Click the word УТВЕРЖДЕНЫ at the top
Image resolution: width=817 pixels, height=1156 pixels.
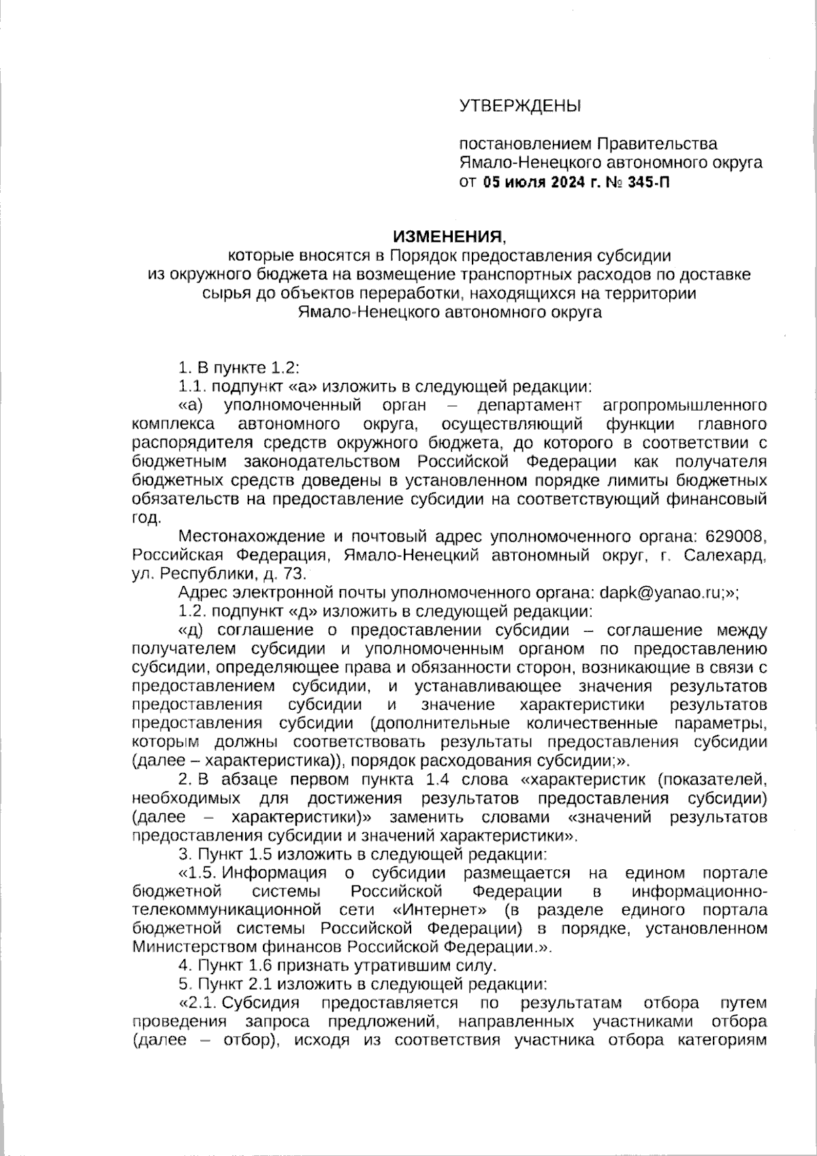(x=520, y=106)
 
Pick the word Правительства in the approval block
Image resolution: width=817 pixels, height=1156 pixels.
(x=657, y=144)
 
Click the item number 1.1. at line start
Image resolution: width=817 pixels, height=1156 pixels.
(x=193, y=386)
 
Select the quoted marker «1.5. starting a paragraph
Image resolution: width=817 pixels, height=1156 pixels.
(x=197, y=873)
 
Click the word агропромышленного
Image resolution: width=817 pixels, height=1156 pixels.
(x=685, y=405)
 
